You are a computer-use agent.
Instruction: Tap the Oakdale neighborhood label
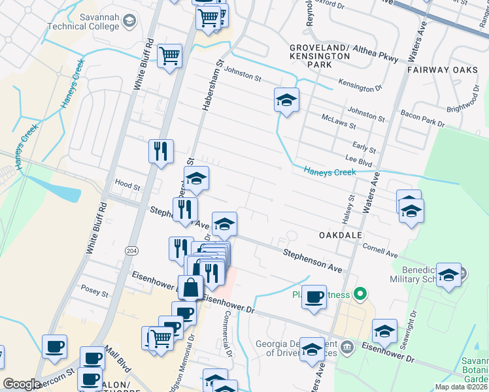(x=340, y=234)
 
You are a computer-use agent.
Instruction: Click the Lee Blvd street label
(x=358, y=158)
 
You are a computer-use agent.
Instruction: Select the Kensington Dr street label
(x=360, y=85)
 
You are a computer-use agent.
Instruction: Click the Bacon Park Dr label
(x=422, y=118)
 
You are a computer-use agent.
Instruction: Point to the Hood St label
(x=127, y=186)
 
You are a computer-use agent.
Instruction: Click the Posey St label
(x=95, y=287)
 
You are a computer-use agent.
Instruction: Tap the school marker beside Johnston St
(x=286, y=100)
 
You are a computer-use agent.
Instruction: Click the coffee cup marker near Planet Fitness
(x=314, y=297)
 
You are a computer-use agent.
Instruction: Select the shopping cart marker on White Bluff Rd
(x=169, y=56)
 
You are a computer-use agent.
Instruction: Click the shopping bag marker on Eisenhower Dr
(x=190, y=287)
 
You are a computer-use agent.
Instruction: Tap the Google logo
(x=22, y=384)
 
